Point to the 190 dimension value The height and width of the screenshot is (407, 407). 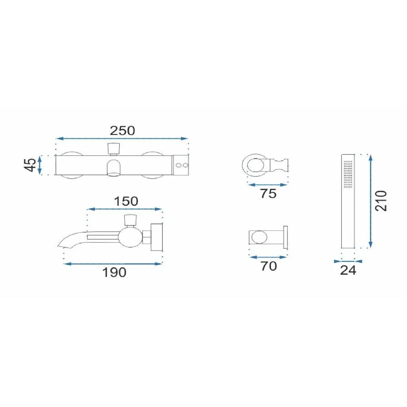click(x=114, y=272)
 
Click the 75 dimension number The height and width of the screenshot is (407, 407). click(x=268, y=193)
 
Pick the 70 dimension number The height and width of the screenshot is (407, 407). click(x=268, y=266)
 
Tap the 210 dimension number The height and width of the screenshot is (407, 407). click(x=381, y=201)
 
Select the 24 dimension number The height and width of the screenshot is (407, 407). click(x=348, y=270)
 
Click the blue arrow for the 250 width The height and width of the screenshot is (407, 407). click(x=122, y=139)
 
